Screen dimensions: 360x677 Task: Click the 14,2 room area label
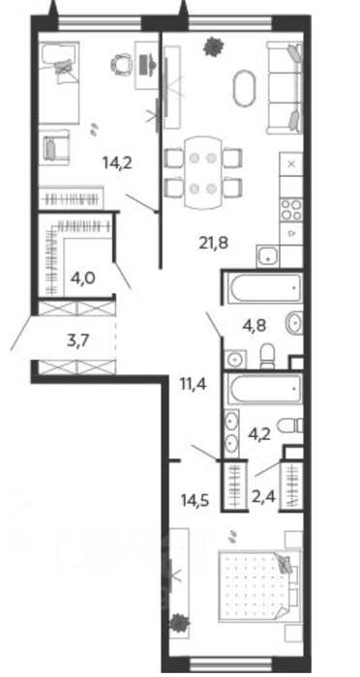(x=117, y=162)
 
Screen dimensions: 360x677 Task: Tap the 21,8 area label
(x=214, y=243)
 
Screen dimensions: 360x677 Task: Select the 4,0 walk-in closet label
(x=82, y=277)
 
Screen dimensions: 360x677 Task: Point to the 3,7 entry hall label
(x=78, y=340)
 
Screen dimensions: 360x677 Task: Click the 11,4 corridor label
(x=192, y=383)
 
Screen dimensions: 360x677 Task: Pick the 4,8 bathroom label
(x=255, y=325)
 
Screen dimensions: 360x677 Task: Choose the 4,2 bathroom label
(x=259, y=433)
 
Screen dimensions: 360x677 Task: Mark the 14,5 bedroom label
(x=195, y=501)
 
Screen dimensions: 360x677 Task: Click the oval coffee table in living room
(x=244, y=88)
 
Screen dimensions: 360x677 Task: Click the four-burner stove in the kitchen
(x=291, y=210)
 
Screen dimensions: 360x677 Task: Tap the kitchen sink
(x=268, y=256)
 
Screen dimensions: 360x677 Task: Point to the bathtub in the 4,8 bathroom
(x=264, y=288)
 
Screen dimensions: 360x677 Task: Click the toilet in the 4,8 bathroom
(x=268, y=356)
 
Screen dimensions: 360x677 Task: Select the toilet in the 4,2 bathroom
(x=290, y=426)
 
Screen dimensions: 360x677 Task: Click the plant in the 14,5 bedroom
(x=179, y=623)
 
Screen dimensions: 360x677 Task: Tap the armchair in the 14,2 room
(x=54, y=147)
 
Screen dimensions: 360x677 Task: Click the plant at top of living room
(x=214, y=46)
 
